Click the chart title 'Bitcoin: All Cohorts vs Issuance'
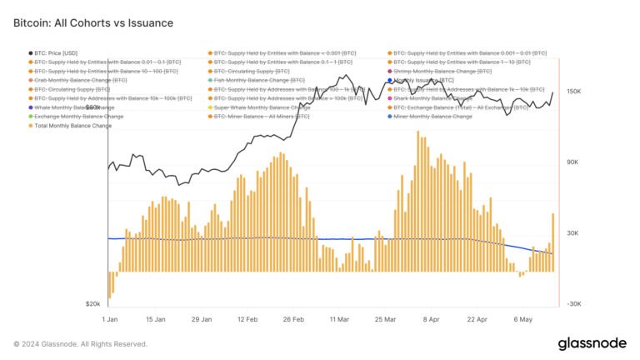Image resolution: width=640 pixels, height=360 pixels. [93, 23]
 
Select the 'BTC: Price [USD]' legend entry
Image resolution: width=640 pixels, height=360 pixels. [57, 52]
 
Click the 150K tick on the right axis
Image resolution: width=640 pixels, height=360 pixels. [573, 92]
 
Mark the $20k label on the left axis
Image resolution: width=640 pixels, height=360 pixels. [92, 304]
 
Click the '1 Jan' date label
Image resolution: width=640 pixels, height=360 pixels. [109, 318]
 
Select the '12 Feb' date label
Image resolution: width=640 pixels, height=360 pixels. [247, 318]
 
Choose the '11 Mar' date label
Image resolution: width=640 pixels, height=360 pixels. [338, 318]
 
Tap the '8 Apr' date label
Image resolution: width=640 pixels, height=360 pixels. [430, 318]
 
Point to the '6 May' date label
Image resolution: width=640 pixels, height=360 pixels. [522, 318]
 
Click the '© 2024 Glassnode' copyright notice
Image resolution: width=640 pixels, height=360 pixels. [80, 343]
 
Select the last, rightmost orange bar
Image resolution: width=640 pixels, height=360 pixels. [552, 242]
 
